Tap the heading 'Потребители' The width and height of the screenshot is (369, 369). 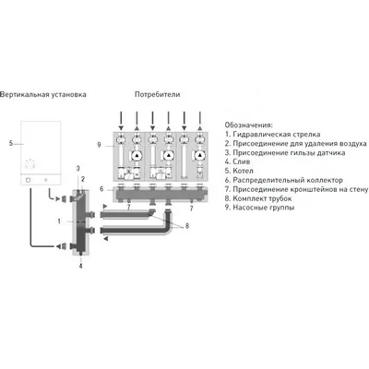(x=157, y=95)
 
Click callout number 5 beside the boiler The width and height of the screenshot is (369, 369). (x=10, y=144)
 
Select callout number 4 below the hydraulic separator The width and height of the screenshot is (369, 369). (x=80, y=265)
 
